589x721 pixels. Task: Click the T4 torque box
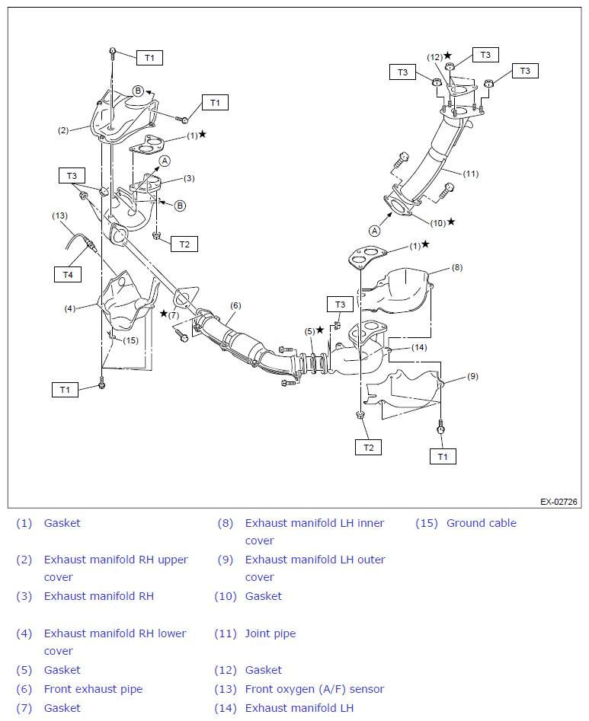point(68,275)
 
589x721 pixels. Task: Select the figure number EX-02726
point(559,502)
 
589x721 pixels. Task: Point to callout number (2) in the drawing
point(63,130)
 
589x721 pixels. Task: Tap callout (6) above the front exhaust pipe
point(235,305)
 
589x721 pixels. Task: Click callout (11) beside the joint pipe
point(471,174)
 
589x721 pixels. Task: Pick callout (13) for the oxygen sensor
point(60,215)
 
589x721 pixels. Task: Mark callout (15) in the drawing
point(131,340)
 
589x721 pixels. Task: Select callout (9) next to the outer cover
point(473,376)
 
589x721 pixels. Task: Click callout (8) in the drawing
point(457,267)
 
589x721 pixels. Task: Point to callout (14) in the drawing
point(419,347)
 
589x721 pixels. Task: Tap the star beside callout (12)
point(448,56)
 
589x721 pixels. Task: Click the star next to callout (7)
point(163,314)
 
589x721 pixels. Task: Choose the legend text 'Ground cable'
point(482,523)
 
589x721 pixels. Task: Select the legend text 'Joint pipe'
point(270,634)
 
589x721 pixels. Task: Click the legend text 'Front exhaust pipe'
point(94,689)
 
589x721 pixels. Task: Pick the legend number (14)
point(226,708)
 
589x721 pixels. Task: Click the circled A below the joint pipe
point(375,231)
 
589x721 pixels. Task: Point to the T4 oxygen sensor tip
point(96,250)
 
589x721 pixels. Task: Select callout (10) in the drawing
point(438,223)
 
